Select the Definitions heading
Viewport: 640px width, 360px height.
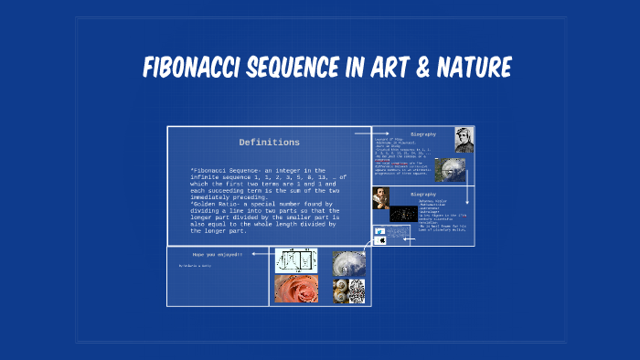tap(269, 143)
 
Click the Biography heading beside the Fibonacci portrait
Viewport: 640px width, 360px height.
tap(423, 134)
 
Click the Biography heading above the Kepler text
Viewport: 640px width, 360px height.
tap(423, 194)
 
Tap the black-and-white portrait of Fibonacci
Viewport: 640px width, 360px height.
tap(464, 139)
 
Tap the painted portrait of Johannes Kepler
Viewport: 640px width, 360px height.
tap(380, 197)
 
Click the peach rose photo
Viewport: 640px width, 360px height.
tap(296, 290)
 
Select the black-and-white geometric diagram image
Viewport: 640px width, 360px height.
tap(296, 261)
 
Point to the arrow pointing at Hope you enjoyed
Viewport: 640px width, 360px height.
tap(259, 254)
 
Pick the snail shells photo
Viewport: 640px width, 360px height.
tap(349, 291)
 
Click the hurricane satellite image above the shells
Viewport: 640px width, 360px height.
tap(349, 262)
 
